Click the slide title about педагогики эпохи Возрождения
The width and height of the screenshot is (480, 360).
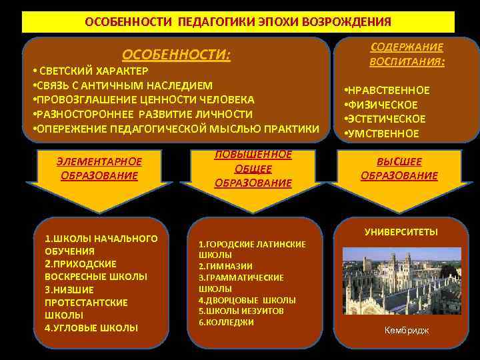click(x=238, y=21)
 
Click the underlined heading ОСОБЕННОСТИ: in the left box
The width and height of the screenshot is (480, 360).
click(x=176, y=55)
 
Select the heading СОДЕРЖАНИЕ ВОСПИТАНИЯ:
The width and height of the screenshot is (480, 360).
click(x=407, y=55)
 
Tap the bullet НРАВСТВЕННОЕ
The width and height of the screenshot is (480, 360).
click(x=387, y=91)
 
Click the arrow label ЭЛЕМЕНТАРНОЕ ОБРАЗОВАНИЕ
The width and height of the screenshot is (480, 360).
click(x=99, y=169)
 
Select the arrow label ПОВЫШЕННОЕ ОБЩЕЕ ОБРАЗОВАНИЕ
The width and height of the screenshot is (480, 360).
click(x=253, y=169)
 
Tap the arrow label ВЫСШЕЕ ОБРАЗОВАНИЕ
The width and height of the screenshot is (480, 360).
click(x=399, y=169)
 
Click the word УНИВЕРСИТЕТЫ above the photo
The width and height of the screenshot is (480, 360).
click(x=401, y=232)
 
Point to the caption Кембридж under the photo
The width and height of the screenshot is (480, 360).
click(x=407, y=331)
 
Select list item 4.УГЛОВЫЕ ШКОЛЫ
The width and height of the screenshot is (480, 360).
click(x=91, y=327)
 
